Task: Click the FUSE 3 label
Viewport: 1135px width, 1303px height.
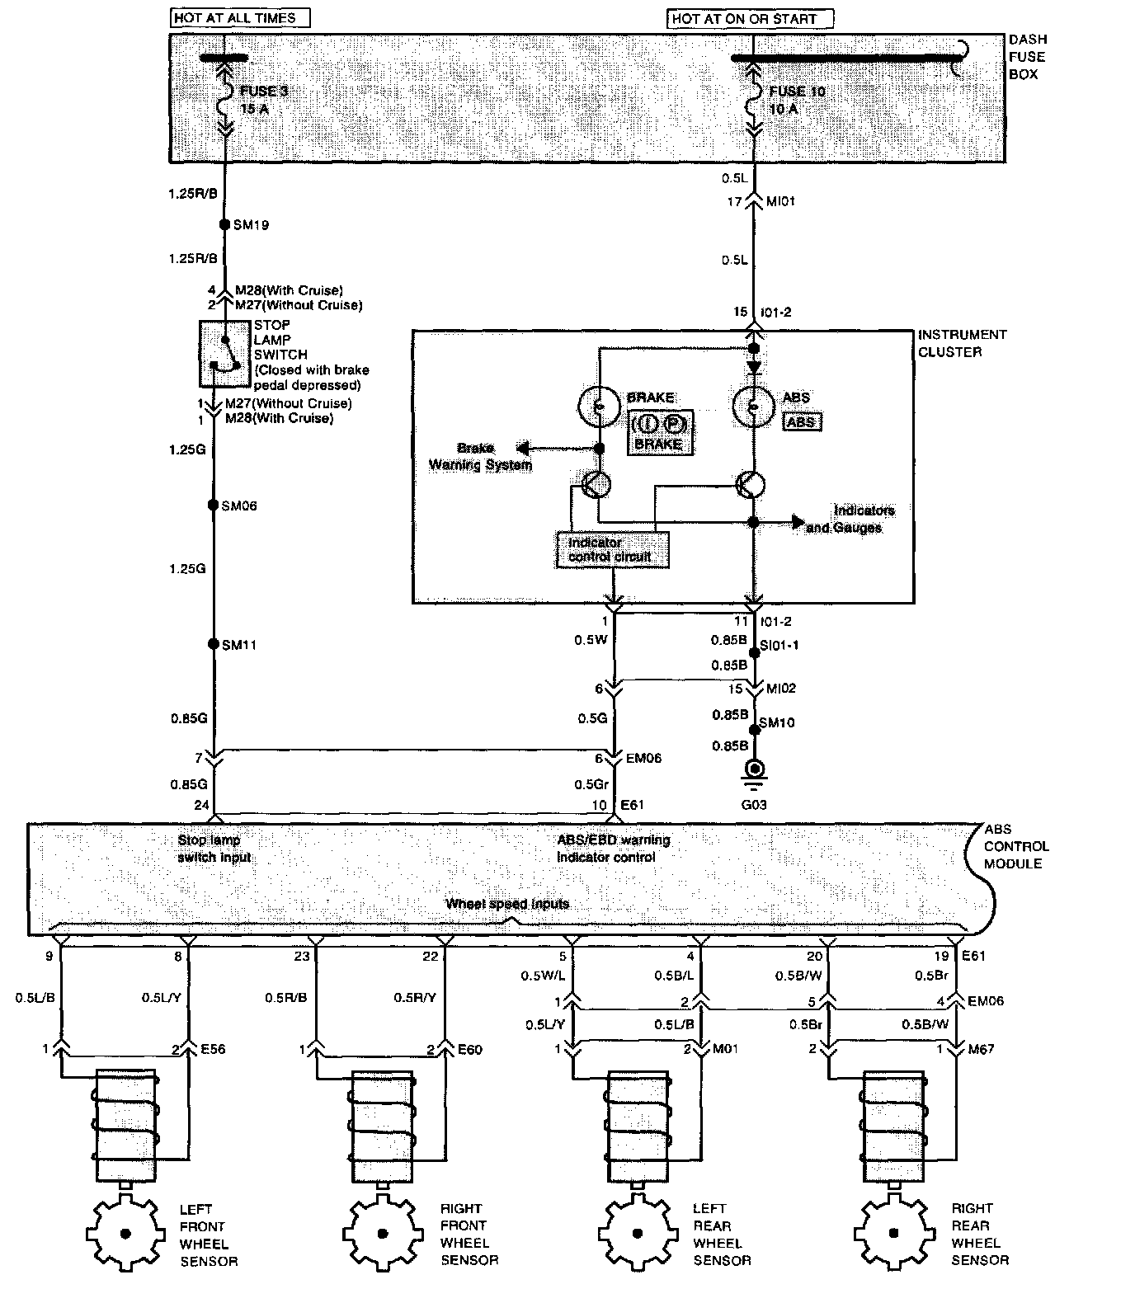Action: click(x=263, y=92)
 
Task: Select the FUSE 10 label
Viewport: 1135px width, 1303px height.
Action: click(x=797, y=92)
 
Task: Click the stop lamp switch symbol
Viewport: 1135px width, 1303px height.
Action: click(x=223, y=354)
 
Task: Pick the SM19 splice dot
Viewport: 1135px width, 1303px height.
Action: click(x=224, y=224)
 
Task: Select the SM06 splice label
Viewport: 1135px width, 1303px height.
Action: click(x=239, y=506)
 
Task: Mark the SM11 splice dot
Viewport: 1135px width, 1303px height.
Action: click(x=214, y=644)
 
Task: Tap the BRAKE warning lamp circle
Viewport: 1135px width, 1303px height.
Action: click(x=600, y=405)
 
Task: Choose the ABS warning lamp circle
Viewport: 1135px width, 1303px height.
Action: click(x=753, y=405)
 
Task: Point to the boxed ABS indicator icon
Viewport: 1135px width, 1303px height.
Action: click(x=801, y=421)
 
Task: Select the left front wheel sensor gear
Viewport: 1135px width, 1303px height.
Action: click(x=126, y=1234)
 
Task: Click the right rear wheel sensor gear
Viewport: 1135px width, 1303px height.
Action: click(x=893, y=1234)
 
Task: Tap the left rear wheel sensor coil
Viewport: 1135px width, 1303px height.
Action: click(x=636, y=1125)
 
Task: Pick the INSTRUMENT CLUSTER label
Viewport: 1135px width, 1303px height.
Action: click(x=962, y=343)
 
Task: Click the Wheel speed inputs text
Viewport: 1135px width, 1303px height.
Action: click(x=507, y=903)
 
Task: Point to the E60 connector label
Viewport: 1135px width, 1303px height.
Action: click(x=469, y=1050)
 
